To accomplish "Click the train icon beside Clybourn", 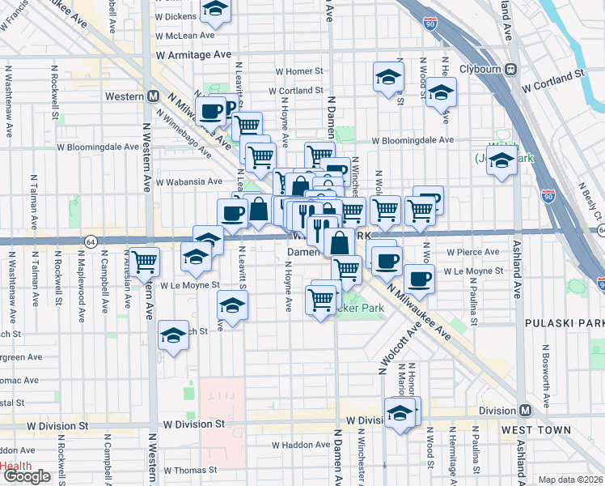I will click(x=511, y=70).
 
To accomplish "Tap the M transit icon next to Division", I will click(x=525, y=411).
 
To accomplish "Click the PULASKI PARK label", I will click(x=565, y=323).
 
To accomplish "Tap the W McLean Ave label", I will click(x=186, y=35).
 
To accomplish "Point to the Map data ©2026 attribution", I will click(x=570, y=480).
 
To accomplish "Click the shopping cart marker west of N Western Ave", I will click(x=144, y=262).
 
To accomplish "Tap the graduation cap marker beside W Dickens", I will click(x=214, y=10).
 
